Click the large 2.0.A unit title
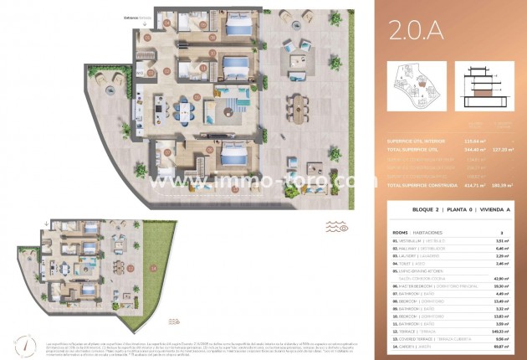(x=417, y=31)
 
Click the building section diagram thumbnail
(x=486, y=86)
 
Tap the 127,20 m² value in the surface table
(x=499, y=148)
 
